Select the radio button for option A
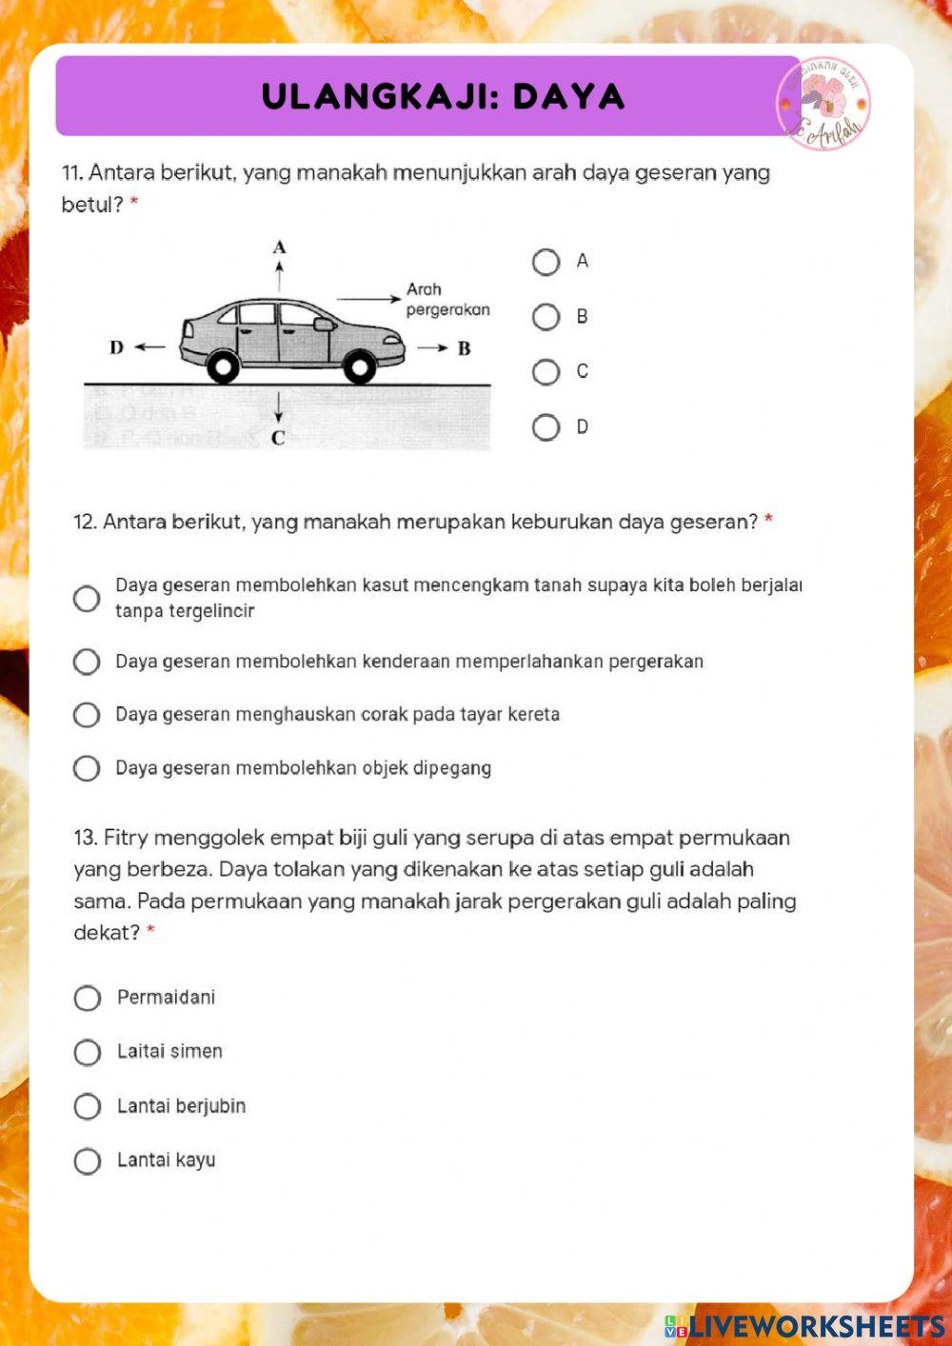[x=545, y=262]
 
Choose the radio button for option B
[x=545, y=317]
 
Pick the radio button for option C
[x=545, y=372]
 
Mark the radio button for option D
[x=545, y=427]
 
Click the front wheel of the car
[x=359, y=366]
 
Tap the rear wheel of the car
[x=223, y=366]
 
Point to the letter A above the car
[x=279, y=247]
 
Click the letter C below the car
[x=278, y=438]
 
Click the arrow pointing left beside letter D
[x=149, y=347]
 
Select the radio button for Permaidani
[x=87, y=998]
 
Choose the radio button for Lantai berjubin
[x=87, y=1106]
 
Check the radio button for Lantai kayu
[x=87, y=1161]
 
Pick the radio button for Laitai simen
[x=87, y=1052]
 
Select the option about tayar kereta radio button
[x=87, y=715]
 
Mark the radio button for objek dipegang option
[x=87, y=768]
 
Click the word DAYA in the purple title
[x=568, y=96]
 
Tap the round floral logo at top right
[x=823, y=104]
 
